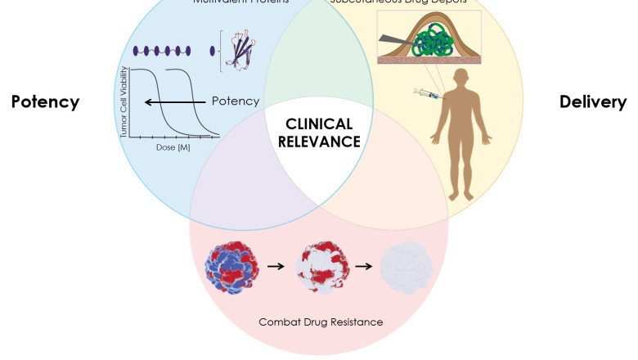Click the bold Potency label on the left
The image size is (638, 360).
[45, 102]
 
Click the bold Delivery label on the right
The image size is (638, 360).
[593, 102]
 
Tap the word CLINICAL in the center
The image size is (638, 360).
[319, 124]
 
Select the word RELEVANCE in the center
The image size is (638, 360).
[319, 142]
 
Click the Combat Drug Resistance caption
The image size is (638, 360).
[321, 322]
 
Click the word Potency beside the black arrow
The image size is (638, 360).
[236, 101]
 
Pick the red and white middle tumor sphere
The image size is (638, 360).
[321, 266]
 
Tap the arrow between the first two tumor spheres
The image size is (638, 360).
[276, 267]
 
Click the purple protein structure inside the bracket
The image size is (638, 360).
[238, 51]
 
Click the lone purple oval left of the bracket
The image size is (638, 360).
[213, 51]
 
